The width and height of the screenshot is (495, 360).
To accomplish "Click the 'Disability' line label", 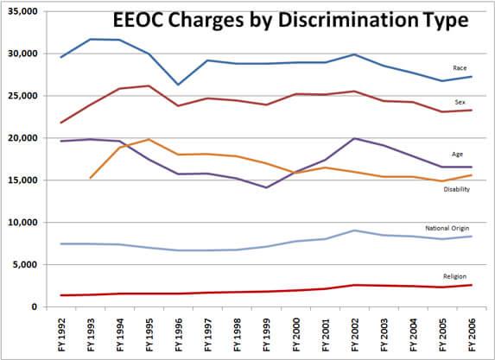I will [x=457, y=188].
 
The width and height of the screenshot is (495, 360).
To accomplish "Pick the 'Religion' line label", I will [x=455, y=276].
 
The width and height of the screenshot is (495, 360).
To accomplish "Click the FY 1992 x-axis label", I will [x=61, y=332].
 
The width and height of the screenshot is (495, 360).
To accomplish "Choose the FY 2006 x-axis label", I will [x=470, y=332].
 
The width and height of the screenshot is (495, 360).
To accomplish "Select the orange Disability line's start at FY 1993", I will [x=91, y=178].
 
